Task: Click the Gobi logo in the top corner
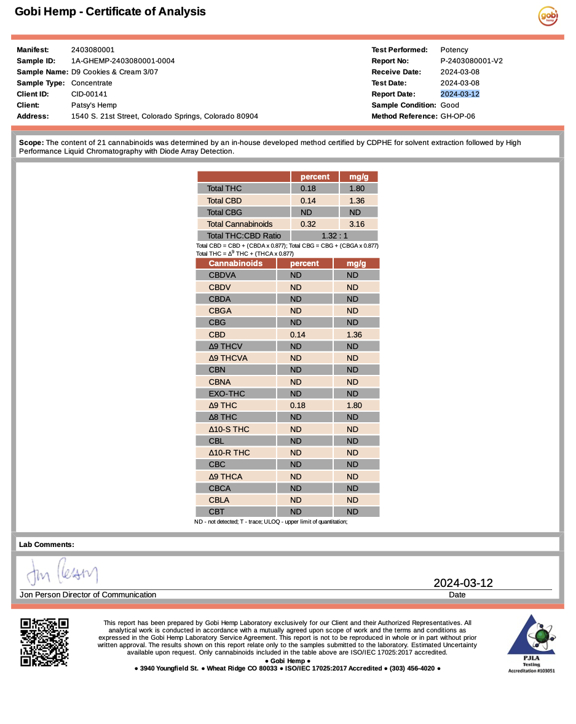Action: click(x=548, y=16)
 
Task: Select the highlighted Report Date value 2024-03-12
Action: click(x=460, y=94)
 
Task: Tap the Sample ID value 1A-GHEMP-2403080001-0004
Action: click(x=123, y=61)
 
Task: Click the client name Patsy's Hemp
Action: click(x=94, y=105)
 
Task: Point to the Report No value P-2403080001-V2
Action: click(x=471, y=61)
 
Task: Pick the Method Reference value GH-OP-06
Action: click(x=458, y=116)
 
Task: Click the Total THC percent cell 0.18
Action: click(x=308, y=189)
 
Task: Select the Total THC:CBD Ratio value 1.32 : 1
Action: click(x=334, y=235)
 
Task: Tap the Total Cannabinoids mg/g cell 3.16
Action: click(x=357, y=224)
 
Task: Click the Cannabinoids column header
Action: click(x=235, y=263)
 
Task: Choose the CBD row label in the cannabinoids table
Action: click(x=217, y=334)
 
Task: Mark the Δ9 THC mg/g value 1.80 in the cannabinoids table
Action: click(x=354, y=405)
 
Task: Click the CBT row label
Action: click(x=216, y=511)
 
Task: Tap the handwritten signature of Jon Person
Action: click(x=61, y=573)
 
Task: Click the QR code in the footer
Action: click(x=44, y=642)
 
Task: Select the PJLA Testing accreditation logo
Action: click(x=531, y=643)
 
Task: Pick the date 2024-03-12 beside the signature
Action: click(x=463, y=583)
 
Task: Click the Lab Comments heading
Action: click(x=47, y=545)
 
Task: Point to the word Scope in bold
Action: click(x=31, y=143)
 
